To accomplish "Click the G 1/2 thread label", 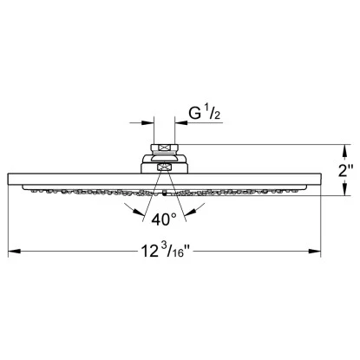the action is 205,113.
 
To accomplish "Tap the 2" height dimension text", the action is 346,171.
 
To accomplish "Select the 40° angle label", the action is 164,219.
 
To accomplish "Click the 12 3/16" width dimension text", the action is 166,250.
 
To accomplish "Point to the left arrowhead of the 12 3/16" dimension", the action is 14,251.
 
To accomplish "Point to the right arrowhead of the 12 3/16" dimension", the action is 315,251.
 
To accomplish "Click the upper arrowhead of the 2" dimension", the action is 344,151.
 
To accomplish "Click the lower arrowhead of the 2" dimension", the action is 344,188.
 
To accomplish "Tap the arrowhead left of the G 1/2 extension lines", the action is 147,123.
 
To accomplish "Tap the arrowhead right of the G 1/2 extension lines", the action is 181,123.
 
